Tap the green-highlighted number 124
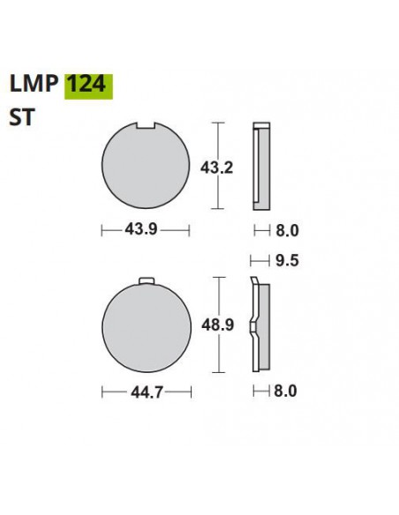coord(87,85)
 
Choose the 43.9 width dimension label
coord(146,231)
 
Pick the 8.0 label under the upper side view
coord(284,231)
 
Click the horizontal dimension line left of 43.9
coord(112,231)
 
